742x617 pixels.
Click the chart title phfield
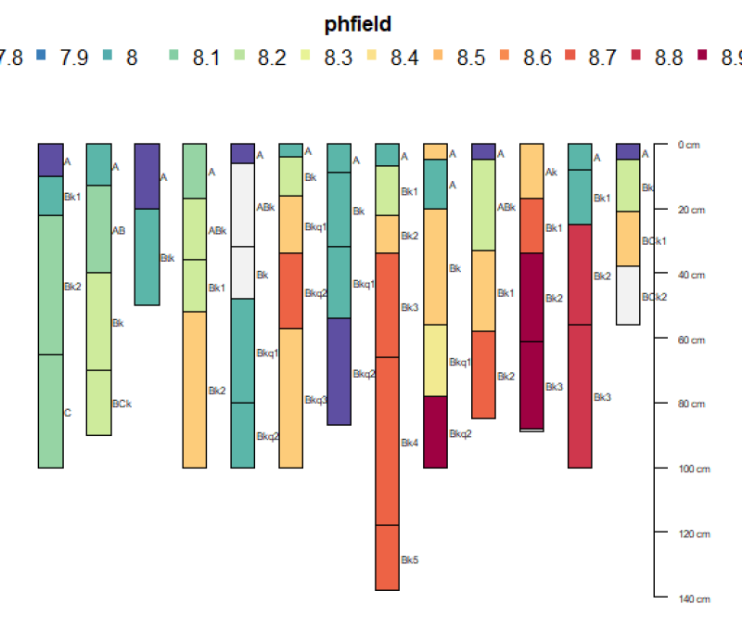358,25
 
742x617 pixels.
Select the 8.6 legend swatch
505,58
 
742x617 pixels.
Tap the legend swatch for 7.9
41,58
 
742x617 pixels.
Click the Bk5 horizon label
410,560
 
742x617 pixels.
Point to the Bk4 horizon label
410,443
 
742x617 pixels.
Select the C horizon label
67,413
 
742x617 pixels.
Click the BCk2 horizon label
654,297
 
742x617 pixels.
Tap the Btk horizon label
167,258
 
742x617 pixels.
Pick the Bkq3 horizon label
315,400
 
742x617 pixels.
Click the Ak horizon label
551,173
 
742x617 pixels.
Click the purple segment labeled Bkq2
339,371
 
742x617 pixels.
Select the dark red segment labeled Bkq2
436,431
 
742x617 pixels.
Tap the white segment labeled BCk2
628,295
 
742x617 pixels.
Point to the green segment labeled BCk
98,403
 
